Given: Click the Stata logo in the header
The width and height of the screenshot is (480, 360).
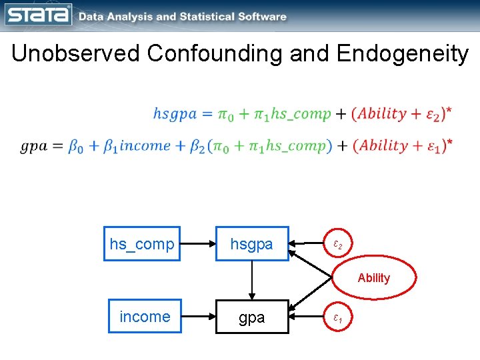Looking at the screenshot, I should [39, 15].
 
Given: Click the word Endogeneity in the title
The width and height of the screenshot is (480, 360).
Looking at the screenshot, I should [403, 53].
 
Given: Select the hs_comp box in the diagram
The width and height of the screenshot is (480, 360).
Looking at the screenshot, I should [141, 244].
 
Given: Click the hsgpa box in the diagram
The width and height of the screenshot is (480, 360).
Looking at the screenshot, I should [251, 244].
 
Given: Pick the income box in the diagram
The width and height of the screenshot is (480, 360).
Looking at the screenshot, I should [145, 317].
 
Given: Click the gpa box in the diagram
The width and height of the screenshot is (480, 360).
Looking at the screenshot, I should [251, 317].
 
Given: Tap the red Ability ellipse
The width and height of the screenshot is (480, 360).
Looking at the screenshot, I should [374, 278].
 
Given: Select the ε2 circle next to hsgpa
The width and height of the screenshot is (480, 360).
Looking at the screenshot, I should [338, 245].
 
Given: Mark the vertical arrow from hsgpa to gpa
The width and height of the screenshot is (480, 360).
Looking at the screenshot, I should [252, 280].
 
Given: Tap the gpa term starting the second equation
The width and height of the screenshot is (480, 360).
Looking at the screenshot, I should [33, 146].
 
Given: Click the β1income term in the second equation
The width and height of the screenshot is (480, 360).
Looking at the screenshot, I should [137, 146].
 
